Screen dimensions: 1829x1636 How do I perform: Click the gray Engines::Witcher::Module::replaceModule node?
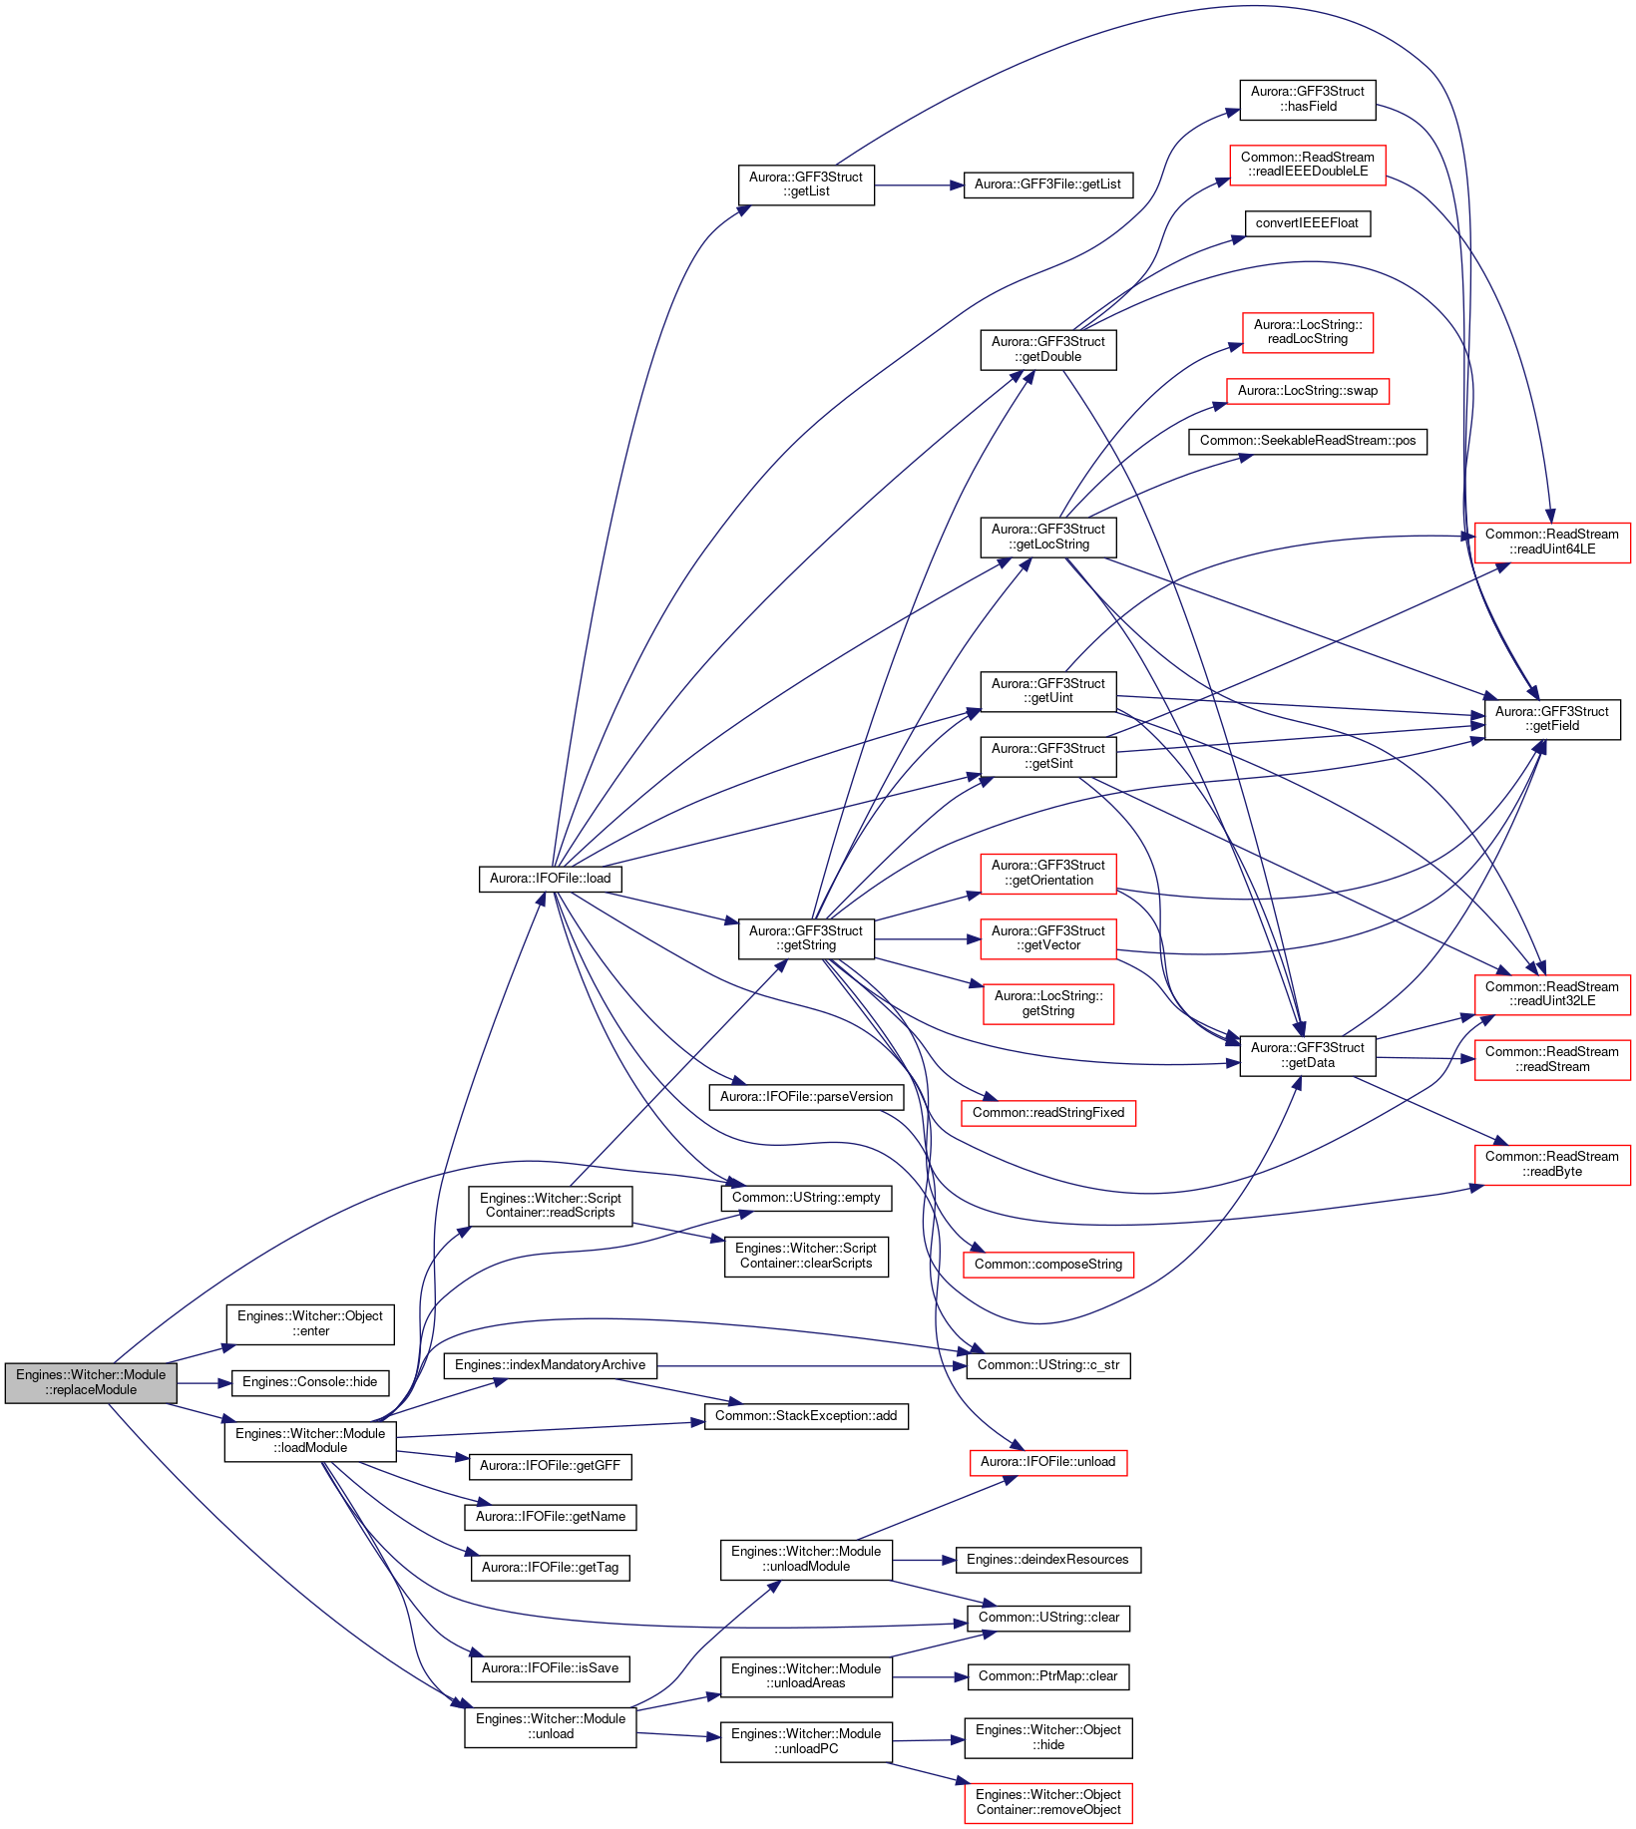click(91, 1382)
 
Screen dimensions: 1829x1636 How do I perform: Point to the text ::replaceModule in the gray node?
click(91, 1390)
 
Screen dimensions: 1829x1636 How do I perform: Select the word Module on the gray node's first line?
click(145, 1375)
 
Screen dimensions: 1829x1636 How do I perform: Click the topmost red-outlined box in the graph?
click(1307, 166)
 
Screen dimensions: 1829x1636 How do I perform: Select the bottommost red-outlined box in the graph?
click(1047, 1803)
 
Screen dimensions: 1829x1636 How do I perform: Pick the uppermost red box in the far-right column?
click(1552, 543)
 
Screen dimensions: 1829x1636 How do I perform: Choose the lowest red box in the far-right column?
click(1552, 1165)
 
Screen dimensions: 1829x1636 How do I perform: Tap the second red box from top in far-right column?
click(1552, 995)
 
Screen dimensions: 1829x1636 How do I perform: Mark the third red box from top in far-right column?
click(1552, 1059)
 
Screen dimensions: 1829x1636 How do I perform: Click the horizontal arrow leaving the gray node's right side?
click(204, 1383)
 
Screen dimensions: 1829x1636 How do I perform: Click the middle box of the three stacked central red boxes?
click(1047, 939)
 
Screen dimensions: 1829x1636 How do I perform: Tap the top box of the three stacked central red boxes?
click(1047, 874)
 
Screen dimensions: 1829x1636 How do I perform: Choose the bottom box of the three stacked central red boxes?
click(1047, 1003)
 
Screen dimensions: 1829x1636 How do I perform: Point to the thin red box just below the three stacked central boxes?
click(1047, 1113)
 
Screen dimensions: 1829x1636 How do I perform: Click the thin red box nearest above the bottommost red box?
click(1047, 1463)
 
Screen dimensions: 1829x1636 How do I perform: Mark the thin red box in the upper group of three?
click(1307, 391)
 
